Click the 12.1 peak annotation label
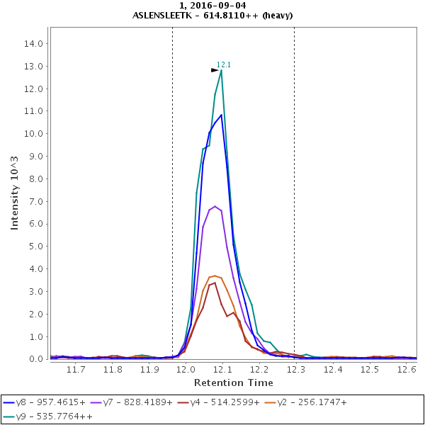click(x=224, y=64)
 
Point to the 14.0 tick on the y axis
click(x=35, y=43)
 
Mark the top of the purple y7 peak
click(x=215, y=206)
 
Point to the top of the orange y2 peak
click(x=215, y=276)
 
